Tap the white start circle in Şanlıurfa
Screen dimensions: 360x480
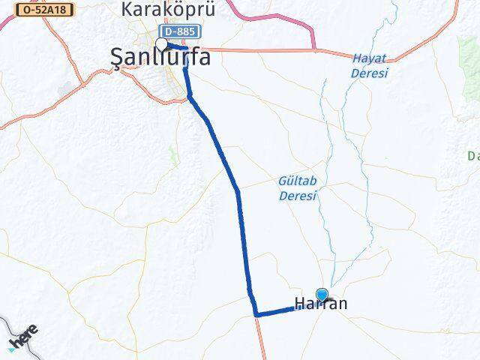tap(162, 44)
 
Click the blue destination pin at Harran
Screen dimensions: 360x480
tap(322, 295)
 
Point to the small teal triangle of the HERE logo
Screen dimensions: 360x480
tap(12, 349)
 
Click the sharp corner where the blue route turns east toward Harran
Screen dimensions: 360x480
tap(256, 314)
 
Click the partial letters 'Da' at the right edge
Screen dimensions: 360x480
tap(473, 156)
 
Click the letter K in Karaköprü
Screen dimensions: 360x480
tap(127, 10)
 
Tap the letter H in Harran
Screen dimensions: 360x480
tap(299, 304)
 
